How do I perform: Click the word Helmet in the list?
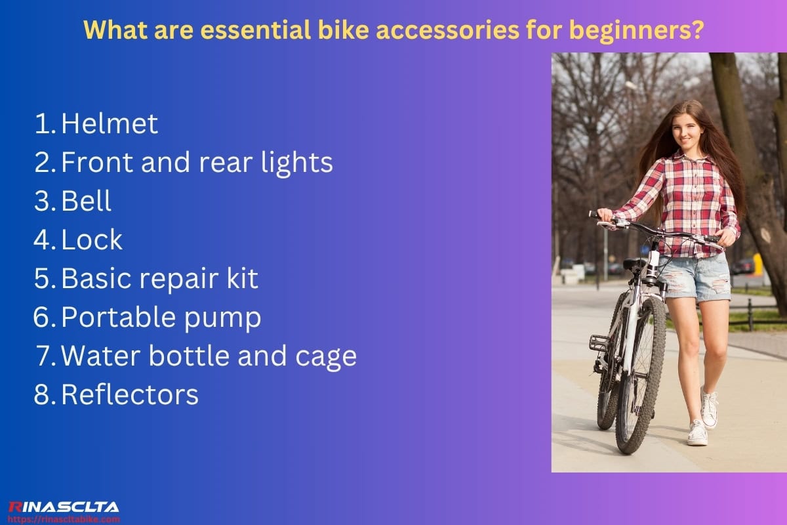pos(110,124)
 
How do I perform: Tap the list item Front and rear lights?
pos(197,163)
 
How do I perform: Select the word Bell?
pos(87,201)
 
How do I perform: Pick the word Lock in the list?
pos(92,240)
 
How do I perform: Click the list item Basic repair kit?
pos(159,279)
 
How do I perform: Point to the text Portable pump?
pos(161,318)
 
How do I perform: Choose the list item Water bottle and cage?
pos(209,356)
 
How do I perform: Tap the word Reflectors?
pos(129,395)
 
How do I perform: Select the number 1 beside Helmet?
pos(43,124)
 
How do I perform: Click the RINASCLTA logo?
pos(64,507)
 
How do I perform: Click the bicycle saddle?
pos(634,263)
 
